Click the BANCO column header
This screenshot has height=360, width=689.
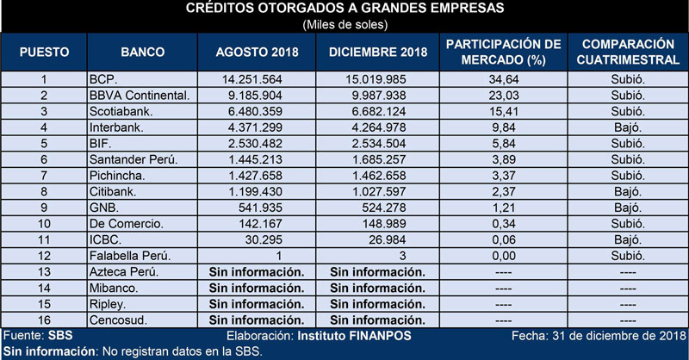pyautogui.click(x=142, y=52)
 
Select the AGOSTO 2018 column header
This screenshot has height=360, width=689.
pyautogui.click(x=257, y=52)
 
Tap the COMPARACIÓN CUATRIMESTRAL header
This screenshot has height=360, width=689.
pyautogui.click(x=628, y=52)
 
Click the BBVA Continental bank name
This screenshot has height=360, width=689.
pyautogui.click(x=140, y=96)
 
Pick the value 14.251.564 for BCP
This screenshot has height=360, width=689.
pyautogui.click(x=251, y=79)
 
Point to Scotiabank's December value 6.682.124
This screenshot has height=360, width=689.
pyautogui.click(x=378, y=112)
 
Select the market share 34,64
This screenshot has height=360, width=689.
pyautogui.click(x=504, y=79)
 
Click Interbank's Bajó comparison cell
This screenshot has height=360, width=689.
pyautogui.click(x=628, y=127)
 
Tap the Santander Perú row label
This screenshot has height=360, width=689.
pyautogui.click(x=133, y=159)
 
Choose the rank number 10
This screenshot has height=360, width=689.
pyautogui.click(x=44, y=224)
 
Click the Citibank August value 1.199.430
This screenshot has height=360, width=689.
pyautogui.click(x=255, y=192)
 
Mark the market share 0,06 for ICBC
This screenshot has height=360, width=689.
pyautogui.click(x=504, y=240)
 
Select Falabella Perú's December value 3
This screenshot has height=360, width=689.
pyautogui.click(x=402, y=256)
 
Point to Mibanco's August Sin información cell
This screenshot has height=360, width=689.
pyautogui.click(x=257, y=288)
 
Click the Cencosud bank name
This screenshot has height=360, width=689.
pyautogui.click(x=118, y=320)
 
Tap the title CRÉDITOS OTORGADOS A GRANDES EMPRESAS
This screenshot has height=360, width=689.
pyautogui.click(x=345, y=8)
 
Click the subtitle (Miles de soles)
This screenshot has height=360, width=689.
pyautogui.click(x=345, y=25)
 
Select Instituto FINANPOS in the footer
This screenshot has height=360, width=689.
pyautogui.click(x=354, y=336)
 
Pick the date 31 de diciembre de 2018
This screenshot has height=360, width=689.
pyautogui.click(x=618, y=336)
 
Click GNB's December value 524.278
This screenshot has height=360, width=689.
pyautogui.click(x=383, y=208)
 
